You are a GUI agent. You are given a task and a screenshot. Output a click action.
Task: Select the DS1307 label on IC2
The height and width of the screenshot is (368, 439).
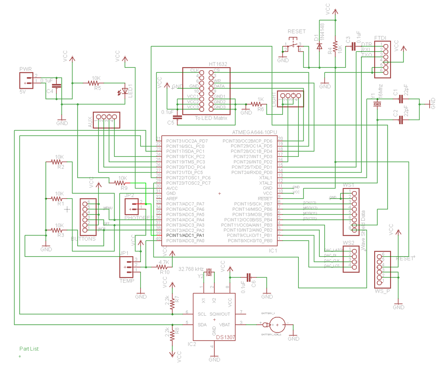point(226,337)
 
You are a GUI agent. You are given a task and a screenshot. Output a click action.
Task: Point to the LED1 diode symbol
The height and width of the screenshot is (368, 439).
point(125,91)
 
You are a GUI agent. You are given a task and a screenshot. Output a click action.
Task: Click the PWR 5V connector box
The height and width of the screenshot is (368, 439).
point(27,81)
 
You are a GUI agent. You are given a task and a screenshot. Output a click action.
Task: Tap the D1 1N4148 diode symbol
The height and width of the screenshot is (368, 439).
point(319,46)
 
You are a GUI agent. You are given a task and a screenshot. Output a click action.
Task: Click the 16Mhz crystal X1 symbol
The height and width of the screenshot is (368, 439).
point(377,104)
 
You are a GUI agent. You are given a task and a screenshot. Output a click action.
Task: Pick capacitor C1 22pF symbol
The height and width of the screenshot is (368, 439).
point(401,99)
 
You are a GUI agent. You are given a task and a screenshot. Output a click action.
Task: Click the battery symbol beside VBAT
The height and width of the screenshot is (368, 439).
point(277,324)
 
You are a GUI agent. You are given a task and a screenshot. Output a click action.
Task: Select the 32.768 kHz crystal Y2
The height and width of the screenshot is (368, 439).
point(209,272)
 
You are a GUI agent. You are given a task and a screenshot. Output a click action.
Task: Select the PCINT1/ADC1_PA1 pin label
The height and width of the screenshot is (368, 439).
point(186,235)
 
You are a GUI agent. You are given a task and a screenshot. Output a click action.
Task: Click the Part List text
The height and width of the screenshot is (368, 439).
point(29,349)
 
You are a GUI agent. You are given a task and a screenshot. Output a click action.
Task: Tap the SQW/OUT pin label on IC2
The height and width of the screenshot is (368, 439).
point(220,314)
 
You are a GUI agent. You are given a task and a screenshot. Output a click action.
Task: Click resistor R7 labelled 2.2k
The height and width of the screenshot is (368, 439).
point(172,303)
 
